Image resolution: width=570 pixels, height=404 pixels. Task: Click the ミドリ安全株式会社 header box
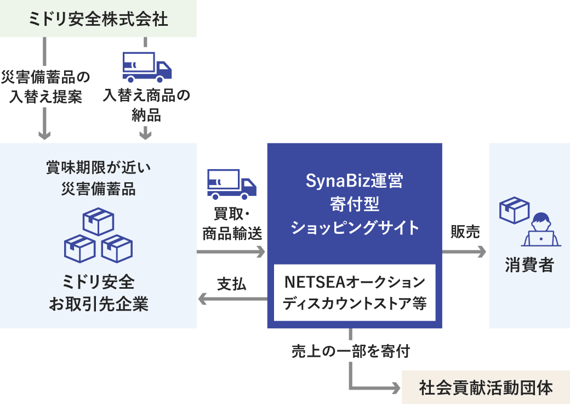98,19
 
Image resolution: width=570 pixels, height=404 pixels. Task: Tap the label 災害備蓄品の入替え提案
45,87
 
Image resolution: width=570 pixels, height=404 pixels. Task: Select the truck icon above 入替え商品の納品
146,67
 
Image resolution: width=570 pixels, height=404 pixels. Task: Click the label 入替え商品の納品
146,105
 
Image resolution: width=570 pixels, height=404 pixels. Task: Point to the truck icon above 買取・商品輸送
231,184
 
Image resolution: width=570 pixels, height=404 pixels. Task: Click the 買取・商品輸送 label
232,223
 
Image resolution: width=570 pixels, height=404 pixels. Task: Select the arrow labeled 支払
232,299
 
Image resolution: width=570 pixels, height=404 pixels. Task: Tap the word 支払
232,284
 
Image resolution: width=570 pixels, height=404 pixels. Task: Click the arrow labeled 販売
465,252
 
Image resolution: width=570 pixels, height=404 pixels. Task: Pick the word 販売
465,232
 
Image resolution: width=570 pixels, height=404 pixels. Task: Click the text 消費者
529,266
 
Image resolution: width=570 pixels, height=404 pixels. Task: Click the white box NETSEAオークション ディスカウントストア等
355,293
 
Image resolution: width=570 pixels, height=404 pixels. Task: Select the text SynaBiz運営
355,181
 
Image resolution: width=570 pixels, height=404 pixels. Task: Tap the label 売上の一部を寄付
351,351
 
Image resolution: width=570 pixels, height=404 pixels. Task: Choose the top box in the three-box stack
98,221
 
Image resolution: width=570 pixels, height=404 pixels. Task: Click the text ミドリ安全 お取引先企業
98,293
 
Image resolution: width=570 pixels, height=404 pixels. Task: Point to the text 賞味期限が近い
98,168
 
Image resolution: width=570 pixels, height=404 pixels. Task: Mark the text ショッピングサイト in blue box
355,227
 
